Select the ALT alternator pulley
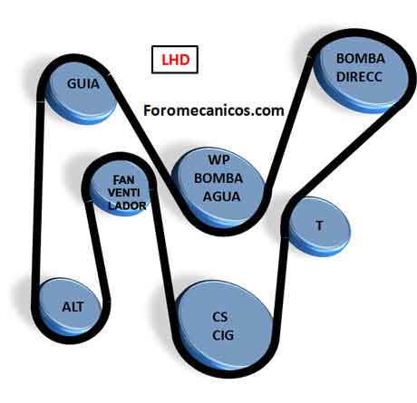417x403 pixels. pos(72,307)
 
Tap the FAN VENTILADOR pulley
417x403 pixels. pos(121,187)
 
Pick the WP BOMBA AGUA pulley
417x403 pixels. pos(219,187)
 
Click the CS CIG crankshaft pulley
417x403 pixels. pos(225,327)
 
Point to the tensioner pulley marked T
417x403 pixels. pos(319,225)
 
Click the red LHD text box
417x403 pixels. pos(175,60)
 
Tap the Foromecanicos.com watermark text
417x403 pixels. pos(214,110)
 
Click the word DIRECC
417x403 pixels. pos(359,77)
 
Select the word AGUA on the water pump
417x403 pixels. pos(221,197)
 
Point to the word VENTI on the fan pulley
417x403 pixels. pos(123,193)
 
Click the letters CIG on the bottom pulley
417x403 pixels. pos(223,335)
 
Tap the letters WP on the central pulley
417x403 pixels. pos(218,159)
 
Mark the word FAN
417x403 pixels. pos(123,180)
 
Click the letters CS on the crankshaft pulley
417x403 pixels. pos(220,317)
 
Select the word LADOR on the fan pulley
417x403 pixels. pos(127,206)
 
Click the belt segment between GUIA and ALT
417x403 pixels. pos(38,193)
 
